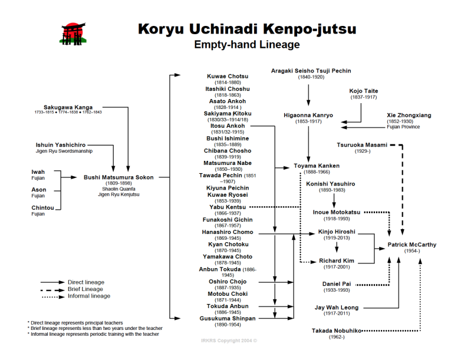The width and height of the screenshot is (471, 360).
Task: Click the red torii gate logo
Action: (73, 33)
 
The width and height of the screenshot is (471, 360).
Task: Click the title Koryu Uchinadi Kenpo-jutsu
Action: (247, 29)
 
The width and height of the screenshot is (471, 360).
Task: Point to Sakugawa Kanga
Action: (67, 107)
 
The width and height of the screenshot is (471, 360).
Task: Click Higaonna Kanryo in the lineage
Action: (308, 115)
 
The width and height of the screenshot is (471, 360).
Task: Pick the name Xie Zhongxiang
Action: (409, 115)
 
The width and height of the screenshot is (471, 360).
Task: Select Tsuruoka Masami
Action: (362, 145)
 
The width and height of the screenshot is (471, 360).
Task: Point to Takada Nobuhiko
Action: (337, 331)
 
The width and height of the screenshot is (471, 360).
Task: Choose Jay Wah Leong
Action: (337, 307)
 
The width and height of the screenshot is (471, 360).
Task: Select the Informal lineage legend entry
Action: (88, 296)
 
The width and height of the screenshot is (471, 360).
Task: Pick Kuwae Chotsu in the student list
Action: (228, 77)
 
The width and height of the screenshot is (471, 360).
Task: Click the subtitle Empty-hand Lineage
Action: (247, 45)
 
